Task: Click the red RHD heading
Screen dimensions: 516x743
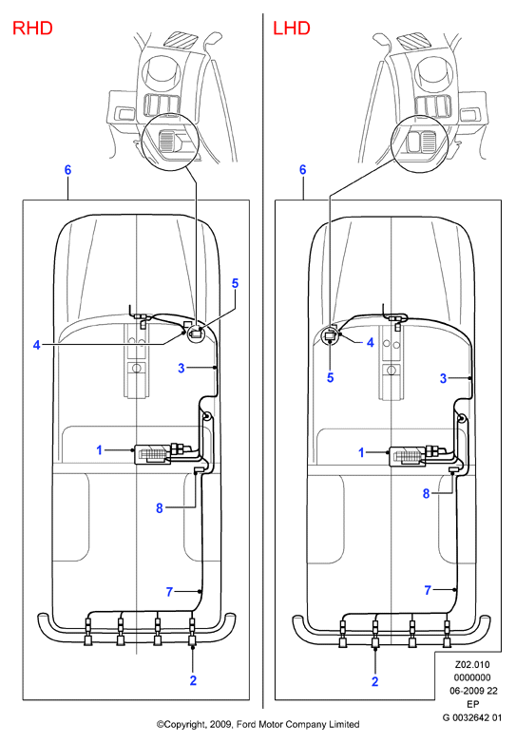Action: (32, 29)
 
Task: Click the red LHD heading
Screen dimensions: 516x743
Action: (292, 29)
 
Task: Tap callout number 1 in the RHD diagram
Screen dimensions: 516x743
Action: (100, 449)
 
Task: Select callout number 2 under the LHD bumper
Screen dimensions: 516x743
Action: (374, 681)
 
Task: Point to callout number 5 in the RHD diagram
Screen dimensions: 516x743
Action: (235, 283)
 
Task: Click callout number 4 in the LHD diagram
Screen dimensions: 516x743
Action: (371, 342)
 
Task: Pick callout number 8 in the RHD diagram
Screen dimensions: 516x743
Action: (160, 508)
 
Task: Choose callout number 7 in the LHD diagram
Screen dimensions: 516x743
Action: (428, 590)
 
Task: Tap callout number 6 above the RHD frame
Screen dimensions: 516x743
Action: (67, 170)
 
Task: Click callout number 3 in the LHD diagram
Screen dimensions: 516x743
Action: (443, 378)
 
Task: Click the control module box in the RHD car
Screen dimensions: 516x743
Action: (153, 454)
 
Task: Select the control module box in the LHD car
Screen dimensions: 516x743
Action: (407, 456)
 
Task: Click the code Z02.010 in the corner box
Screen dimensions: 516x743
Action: (472, 664)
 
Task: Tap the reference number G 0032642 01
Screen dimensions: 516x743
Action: (472, 717)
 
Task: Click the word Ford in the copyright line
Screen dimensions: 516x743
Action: (246, 724)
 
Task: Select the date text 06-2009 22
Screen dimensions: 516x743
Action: (473, 691)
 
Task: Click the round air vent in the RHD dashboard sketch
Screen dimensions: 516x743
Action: (162, 72)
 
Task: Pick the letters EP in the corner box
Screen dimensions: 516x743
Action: (473, 704)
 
